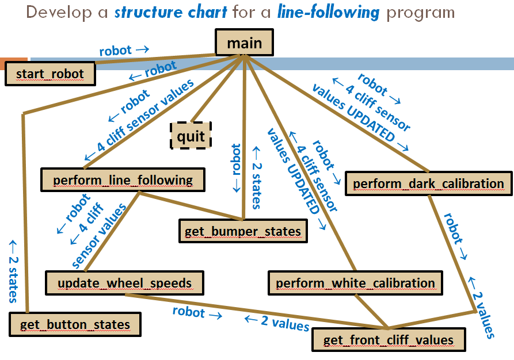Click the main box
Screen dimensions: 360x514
click(244, 43)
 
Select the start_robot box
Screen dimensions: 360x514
click(50, 74)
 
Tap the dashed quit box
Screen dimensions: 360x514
click(191, 136)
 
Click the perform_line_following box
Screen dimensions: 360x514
click(123, 180)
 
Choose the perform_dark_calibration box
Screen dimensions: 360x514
click(428, 183)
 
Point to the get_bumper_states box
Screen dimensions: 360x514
click(242, 231)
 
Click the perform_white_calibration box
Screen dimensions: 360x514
click(355, 283)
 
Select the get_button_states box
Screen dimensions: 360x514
click(75, 324)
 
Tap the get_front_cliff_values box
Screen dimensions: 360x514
click(388, 340)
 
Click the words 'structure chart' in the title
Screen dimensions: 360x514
click(171, 12)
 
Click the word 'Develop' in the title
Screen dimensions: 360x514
click(55, 12)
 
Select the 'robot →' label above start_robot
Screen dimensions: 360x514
click(124, 50)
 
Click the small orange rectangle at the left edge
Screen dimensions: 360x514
click(13, 60)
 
